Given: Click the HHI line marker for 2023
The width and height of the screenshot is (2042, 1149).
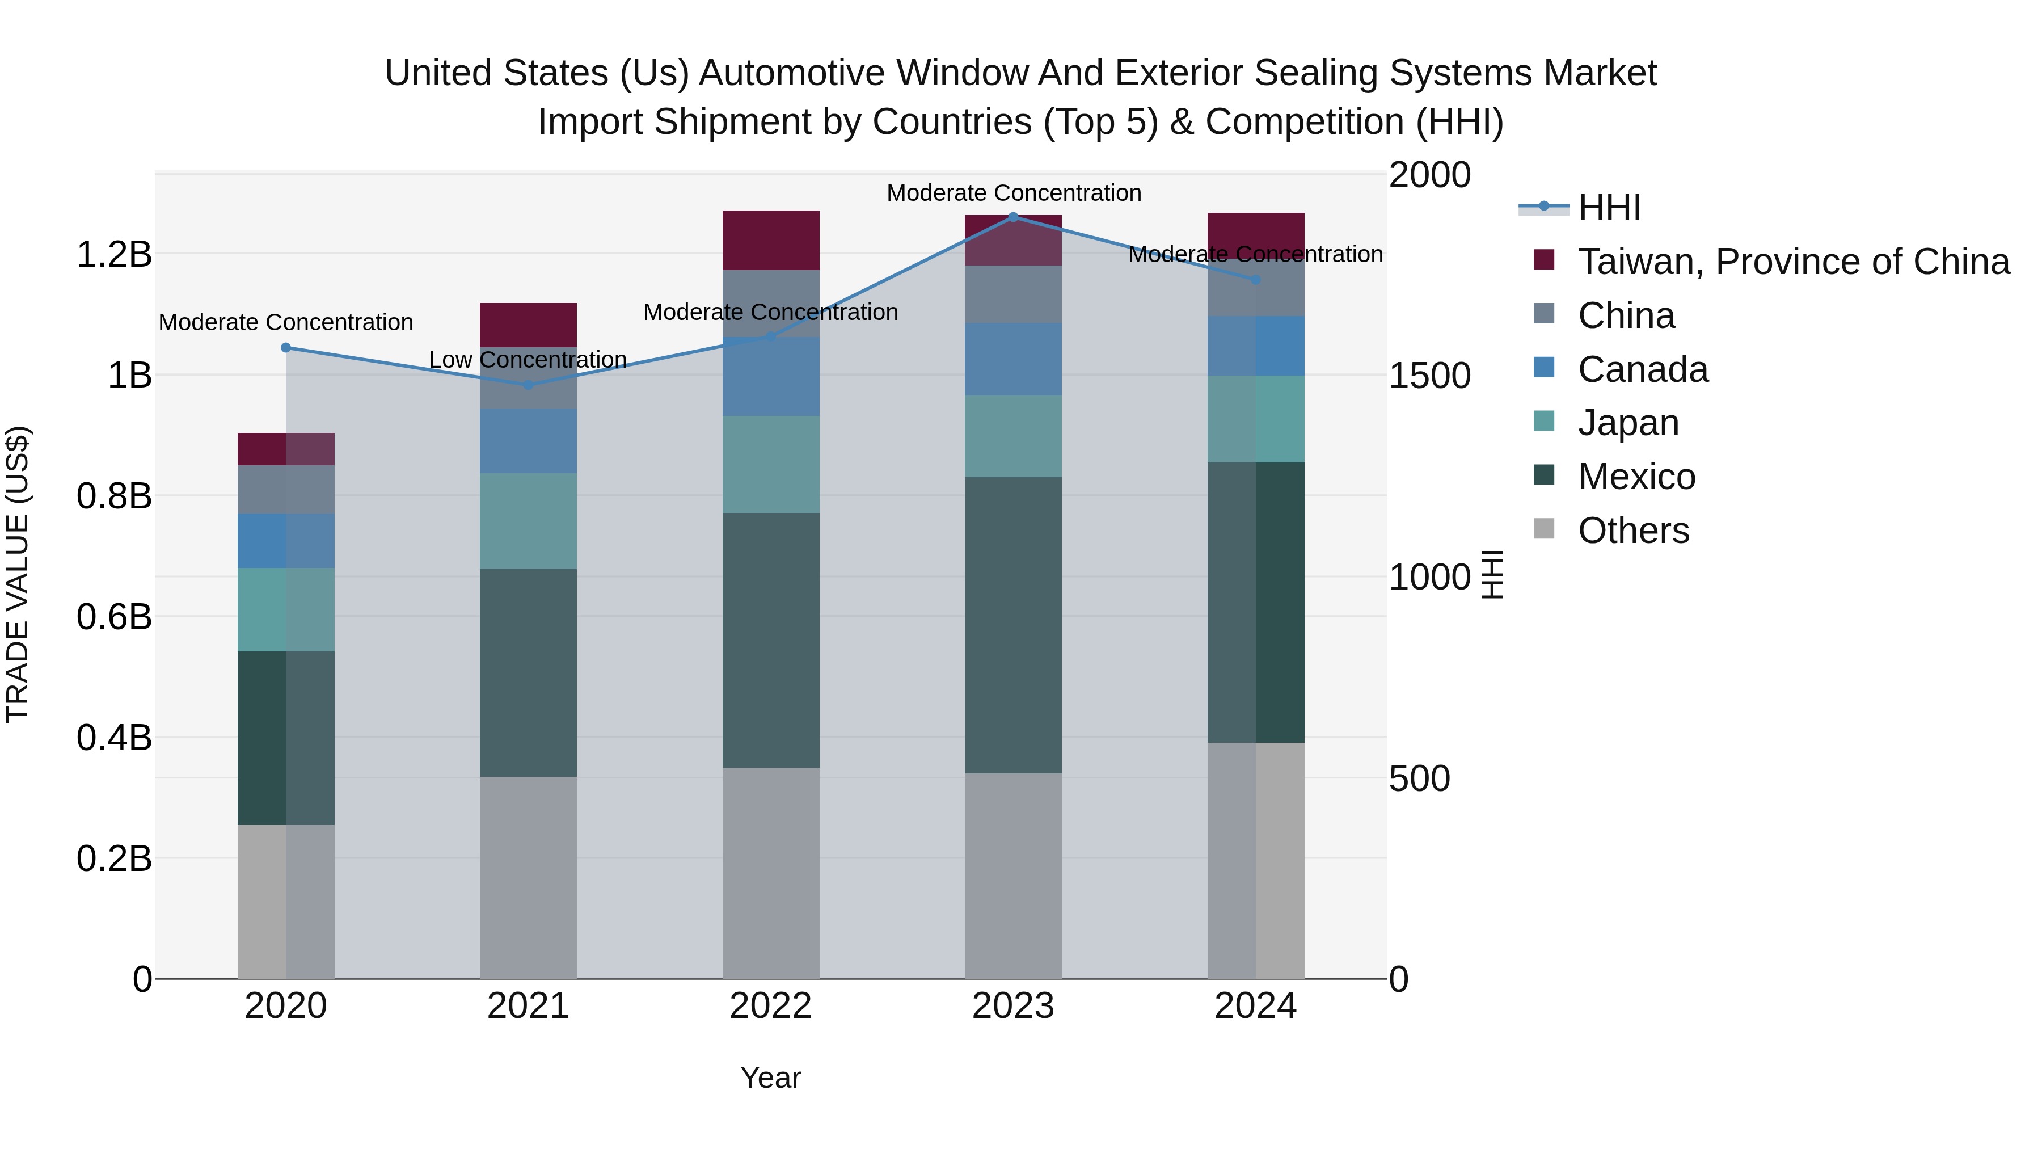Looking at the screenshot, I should (x=1012, y=217).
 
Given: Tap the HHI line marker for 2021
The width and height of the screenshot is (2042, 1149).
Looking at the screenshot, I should (x=528, y=385).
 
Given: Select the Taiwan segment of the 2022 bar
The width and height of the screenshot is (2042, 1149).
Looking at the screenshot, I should (x=770, y=239).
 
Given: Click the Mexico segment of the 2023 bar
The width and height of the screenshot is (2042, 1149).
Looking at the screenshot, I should (x=1012, y=625).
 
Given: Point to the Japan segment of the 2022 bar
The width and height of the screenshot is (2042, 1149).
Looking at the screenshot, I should (x=770, y=464).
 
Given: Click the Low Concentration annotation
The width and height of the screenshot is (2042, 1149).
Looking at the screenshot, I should (x=528, y=360).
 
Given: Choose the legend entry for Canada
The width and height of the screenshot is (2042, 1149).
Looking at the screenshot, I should (x=1643, y=369).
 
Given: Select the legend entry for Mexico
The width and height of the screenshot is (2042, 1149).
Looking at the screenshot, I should (x=1636, y=477).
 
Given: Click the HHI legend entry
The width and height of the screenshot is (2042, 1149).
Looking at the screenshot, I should (x=1609, y=208).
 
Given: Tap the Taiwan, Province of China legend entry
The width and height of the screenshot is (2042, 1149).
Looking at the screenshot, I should (x=1793, y=262).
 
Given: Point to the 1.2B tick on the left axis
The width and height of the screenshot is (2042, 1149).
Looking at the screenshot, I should (x=114, y=255).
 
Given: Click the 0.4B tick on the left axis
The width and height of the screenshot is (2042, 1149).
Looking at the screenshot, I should (x=114, y=738).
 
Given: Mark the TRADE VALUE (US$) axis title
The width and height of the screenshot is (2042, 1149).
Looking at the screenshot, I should (x=18, y=574).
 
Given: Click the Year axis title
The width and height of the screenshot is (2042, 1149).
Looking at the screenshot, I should (x=770, y=1078).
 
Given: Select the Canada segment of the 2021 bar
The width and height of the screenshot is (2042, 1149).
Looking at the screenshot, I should (x=528, y=441).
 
